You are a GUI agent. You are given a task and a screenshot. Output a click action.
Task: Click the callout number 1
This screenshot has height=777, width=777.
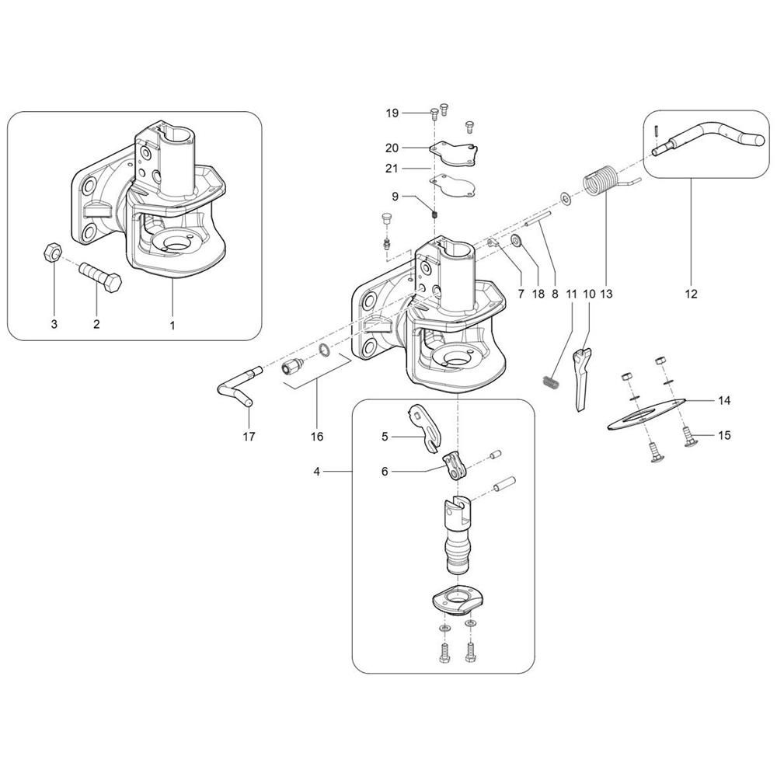[172, 324]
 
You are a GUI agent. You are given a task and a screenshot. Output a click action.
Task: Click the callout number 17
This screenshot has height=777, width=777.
[248, 437]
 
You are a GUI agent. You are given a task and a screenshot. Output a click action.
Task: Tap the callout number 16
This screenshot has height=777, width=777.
[317, 437]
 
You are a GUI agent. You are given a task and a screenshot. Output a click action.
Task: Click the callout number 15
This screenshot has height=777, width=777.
[724, 435]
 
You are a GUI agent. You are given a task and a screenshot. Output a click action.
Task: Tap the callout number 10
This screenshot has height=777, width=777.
[588, 294]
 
